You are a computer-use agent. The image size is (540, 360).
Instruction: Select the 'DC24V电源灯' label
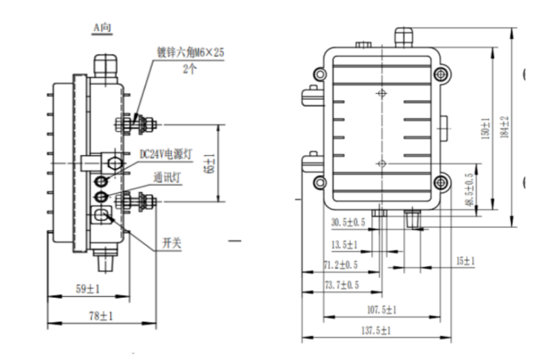tap(166, 154)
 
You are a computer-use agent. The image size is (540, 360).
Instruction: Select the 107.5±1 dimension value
tap(381, 309)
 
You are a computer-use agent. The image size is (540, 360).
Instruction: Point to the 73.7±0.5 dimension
tap(341, 285)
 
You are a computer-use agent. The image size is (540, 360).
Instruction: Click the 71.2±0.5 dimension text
tap(340, 264)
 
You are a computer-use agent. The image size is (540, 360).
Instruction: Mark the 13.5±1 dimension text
tap(344, 244)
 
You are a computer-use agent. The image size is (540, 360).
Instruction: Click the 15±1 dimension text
tap(465, 262)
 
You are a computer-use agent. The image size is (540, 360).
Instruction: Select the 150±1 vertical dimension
tap(485, 130)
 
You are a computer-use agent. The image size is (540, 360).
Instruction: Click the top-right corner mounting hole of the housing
tap(441, 73)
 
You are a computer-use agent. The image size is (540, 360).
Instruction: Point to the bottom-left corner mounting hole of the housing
tap(319, 182)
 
